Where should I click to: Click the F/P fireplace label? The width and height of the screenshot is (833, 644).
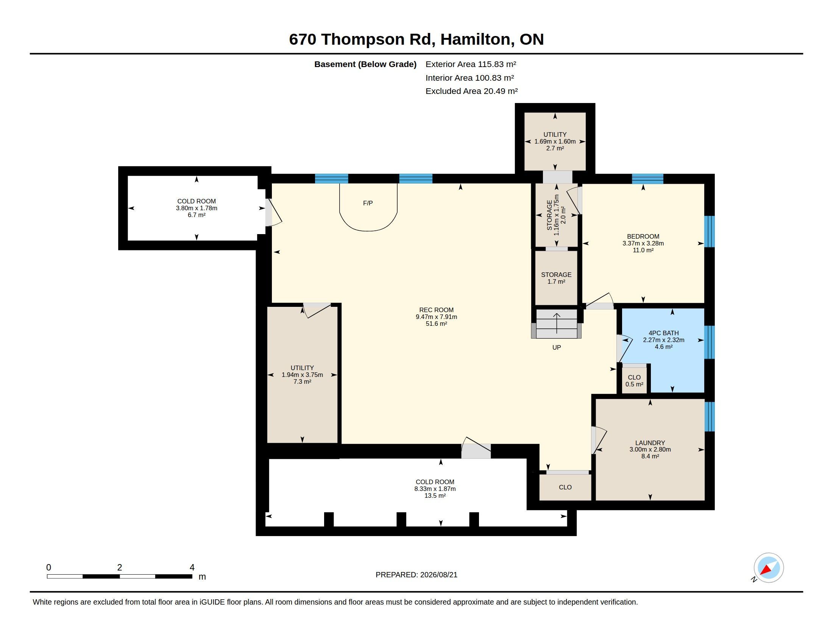point(368,203)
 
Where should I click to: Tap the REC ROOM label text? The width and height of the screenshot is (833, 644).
point(436,310)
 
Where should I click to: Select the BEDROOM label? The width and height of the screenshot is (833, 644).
point(643,236)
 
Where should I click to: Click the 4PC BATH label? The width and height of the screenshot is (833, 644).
point(664,333)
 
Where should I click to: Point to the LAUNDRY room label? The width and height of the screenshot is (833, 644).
point(650,442)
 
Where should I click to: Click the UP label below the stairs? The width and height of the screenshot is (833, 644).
point(557,347)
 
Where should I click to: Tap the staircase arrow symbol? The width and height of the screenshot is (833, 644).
point(557,323)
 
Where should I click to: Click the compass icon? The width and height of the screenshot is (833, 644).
point(769,568)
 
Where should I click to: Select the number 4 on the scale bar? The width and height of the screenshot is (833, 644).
point(192,567)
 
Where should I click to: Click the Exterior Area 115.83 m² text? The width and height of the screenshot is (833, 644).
point(471,64)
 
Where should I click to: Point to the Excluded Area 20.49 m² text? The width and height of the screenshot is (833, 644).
point(471,91)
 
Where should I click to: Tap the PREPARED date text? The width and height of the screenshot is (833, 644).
point(416,575)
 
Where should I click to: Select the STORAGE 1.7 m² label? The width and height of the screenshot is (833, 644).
point(556,278)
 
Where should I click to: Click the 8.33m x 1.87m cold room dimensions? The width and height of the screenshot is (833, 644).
point(435,489)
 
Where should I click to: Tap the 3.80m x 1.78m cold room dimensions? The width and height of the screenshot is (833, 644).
point(197,208)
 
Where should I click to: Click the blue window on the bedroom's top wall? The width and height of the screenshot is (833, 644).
point(647,178)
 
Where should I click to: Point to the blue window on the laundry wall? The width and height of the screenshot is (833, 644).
point(710,416)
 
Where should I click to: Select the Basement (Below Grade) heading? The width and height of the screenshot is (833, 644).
point(365,64)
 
